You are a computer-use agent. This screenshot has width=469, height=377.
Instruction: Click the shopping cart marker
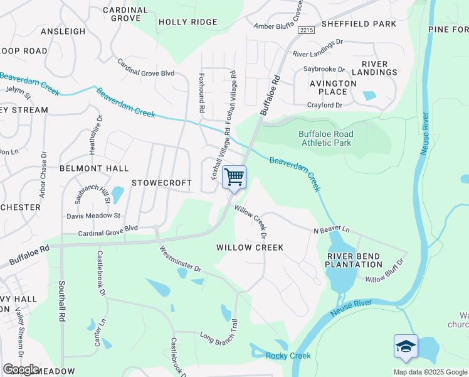(x=234, y=178)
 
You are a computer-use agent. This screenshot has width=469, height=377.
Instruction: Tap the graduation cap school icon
(x=406, y=347)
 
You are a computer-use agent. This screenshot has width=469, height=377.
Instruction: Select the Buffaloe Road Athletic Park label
(x=325, y=138)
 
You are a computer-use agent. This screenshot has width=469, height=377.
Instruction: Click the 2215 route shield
(x=306, y=30)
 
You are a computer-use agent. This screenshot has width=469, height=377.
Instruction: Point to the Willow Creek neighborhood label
(x=250, y=248)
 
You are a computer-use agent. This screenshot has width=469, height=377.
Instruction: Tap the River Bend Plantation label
(x=354, y=260)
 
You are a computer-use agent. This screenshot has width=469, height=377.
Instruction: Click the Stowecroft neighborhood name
(x=161, y=183)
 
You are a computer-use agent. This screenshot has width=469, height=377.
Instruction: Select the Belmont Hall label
(x=94, y=168)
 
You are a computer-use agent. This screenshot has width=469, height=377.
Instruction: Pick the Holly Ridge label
(x=179, y=22)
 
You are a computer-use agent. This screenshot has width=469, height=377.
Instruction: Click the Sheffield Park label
(x=359, y=24)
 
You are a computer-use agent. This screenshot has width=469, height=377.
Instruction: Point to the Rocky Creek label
(x=288, y=356)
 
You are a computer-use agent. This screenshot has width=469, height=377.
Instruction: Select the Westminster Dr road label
(x=180, y=260)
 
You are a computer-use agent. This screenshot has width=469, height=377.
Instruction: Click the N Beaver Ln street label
(x=331, y=231)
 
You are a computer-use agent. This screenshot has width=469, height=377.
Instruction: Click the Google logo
(x=20, y=369)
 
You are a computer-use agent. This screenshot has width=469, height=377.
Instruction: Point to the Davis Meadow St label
(x=93, y=216)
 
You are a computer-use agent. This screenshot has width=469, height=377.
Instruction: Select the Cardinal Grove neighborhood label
(x=125, y=14)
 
